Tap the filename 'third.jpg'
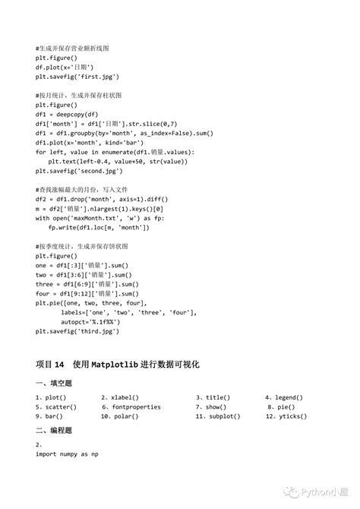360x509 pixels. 94,330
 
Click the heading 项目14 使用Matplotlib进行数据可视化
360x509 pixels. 117,365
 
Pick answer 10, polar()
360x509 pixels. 121,416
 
